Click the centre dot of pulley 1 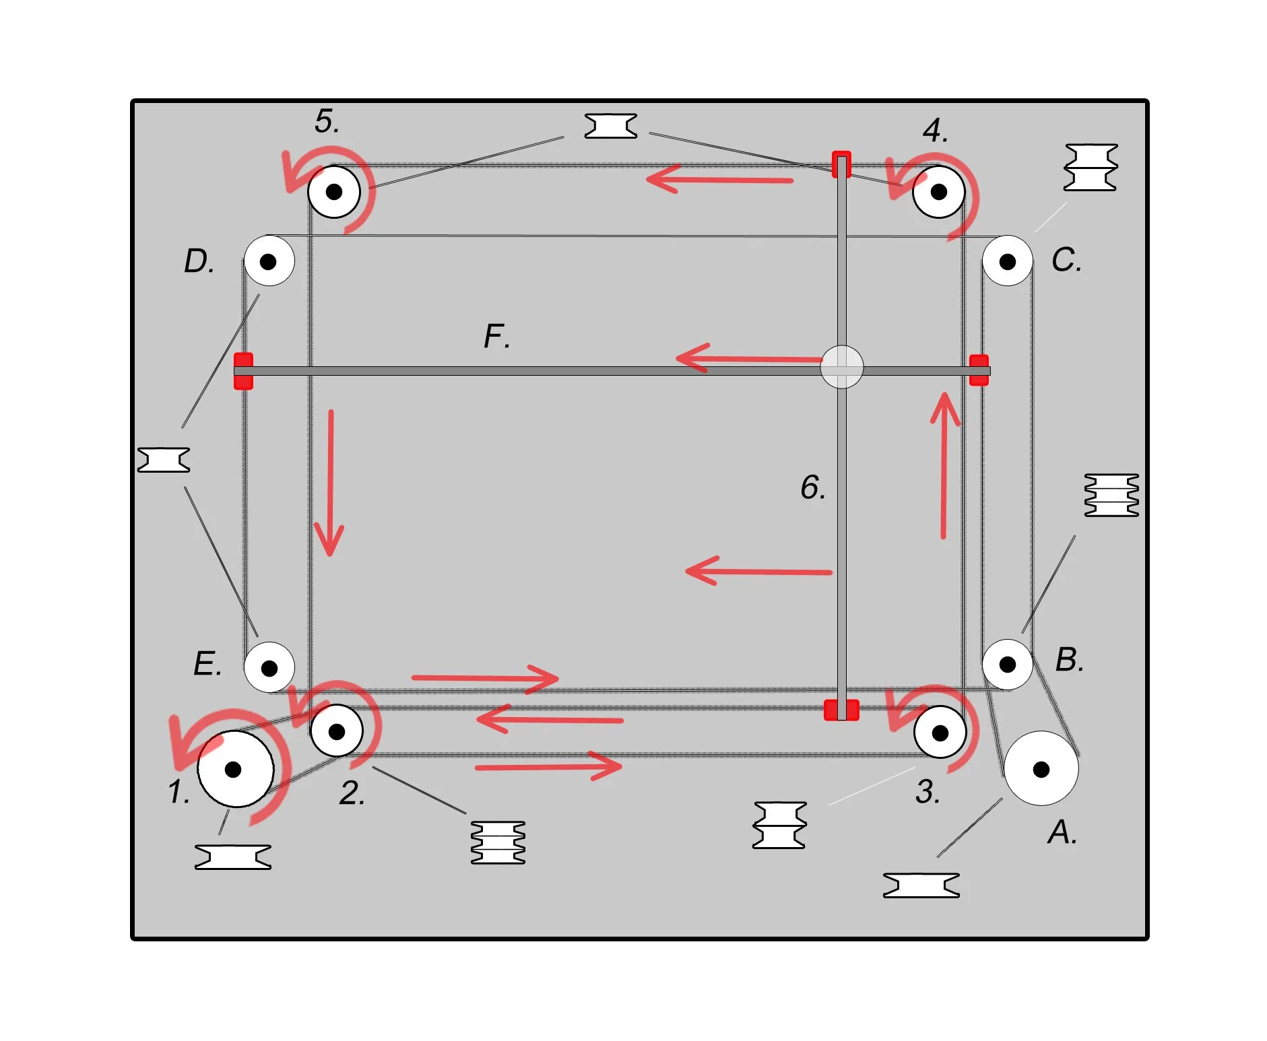(233, 769)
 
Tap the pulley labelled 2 (337, 731)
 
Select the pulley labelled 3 (940, 732)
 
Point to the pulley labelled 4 (939, 192)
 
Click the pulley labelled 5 (334, 192)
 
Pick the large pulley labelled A (1041, 768)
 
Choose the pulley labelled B (1008, 665)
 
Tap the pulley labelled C (1008, 261)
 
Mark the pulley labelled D (269, 261)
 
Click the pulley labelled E (269, 667)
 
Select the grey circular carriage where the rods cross (841, 368)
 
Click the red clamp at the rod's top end (841, 164)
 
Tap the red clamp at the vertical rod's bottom (841, 710)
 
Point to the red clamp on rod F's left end (243, 371)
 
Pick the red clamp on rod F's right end (979, 370)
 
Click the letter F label (497, 336)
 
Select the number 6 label (813, 487)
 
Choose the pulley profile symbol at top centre (610, 126)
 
